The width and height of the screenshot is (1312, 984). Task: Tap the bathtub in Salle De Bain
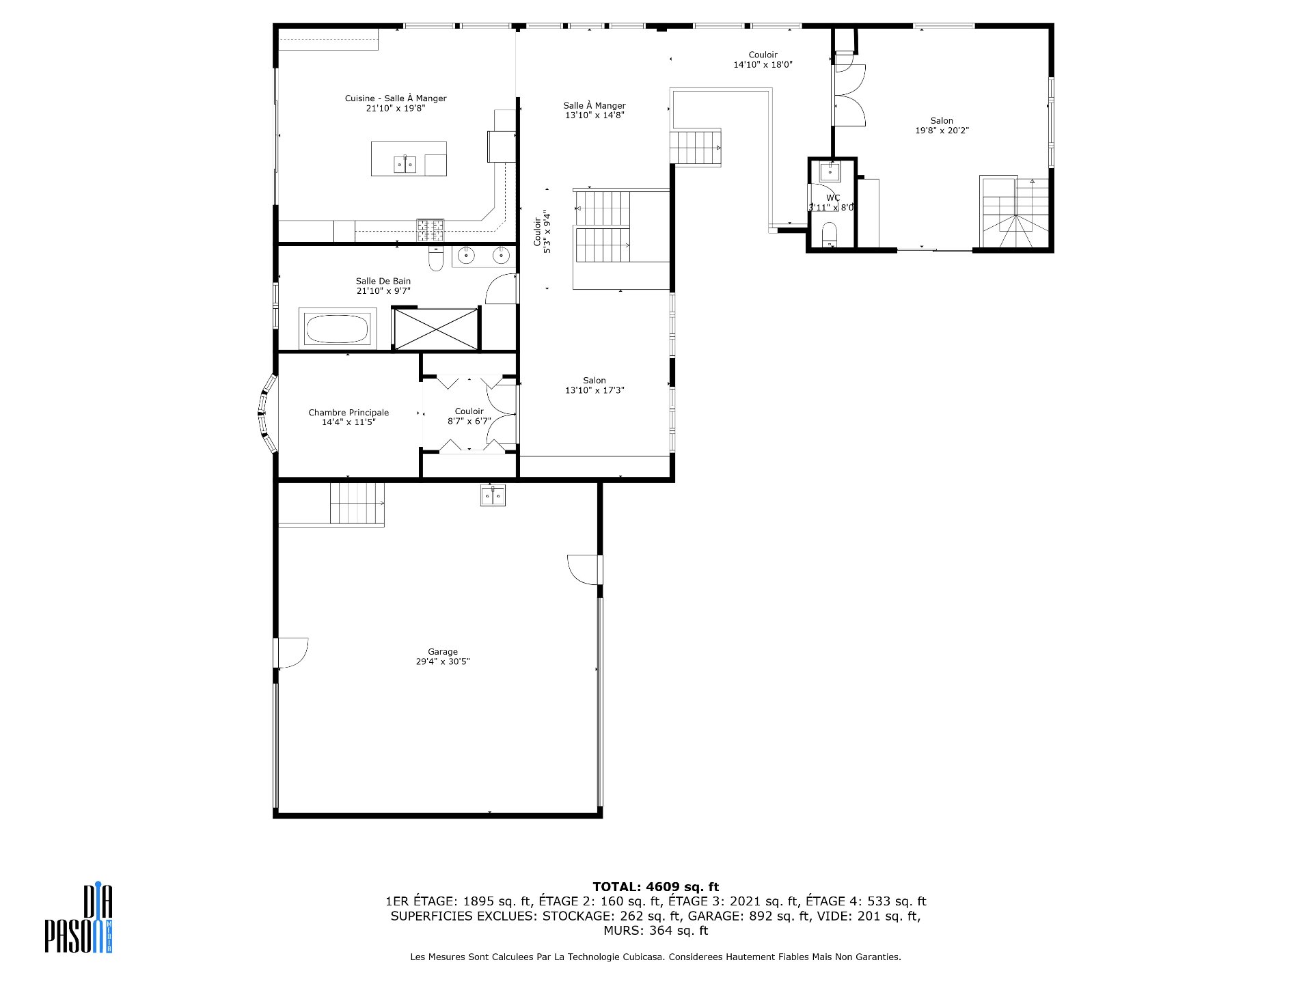tap(338, 329)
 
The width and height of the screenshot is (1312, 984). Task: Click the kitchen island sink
tap(405, 164)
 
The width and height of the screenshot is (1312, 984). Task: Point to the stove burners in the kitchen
tap(430, 230)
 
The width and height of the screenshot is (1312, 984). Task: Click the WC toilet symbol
tap(829, 233)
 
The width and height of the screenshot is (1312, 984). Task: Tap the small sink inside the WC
tap(830, 172)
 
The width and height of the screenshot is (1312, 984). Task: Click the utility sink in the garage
tap(493, 495)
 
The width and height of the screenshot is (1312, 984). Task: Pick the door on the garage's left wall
tap(290, 653)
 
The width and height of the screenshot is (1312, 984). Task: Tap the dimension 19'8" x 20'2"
tap(942, 131)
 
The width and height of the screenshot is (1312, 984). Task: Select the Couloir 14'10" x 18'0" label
tap(763, 59)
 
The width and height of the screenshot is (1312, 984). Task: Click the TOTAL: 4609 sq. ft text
tap(655, 887)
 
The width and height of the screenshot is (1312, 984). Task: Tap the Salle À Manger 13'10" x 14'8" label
tap(594, 110)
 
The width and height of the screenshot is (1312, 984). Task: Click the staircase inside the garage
tap(357, 503)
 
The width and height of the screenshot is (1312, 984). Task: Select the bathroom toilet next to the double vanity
tap(436, 259)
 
